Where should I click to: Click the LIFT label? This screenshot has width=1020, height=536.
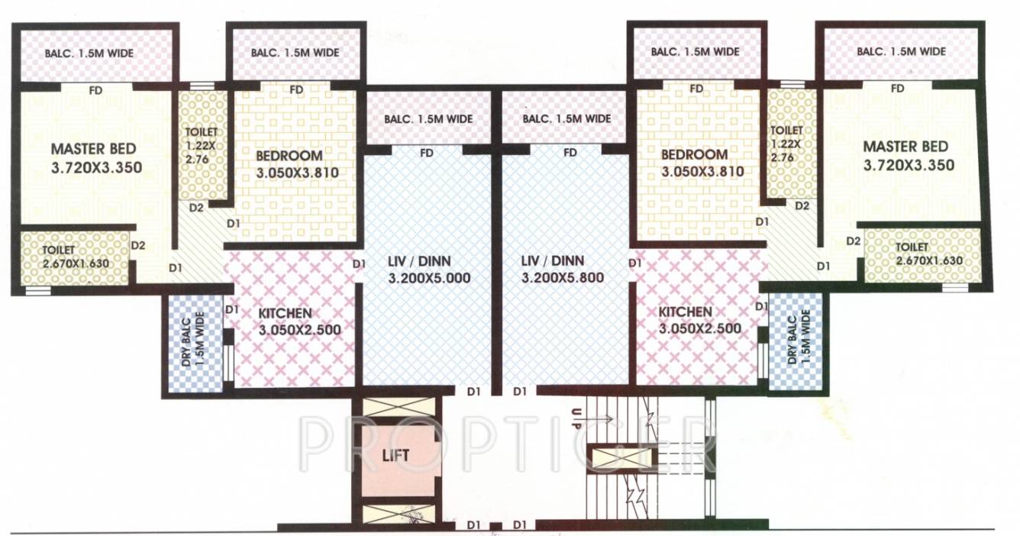[x=396, y=455]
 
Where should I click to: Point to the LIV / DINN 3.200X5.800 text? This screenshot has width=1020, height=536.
[x=563, y=270]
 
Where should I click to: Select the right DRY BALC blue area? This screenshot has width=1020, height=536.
[x=796, y=342]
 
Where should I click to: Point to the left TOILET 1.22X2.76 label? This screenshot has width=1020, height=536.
[x=202, y=145]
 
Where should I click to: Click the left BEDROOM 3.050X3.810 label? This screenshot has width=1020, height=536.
[x=297, y=164]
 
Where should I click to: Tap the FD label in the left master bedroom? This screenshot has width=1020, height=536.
[x=95, y=91]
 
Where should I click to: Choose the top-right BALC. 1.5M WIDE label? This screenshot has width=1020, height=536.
[x=901, y=51]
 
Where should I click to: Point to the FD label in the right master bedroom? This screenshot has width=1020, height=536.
[x=898, y=89]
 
